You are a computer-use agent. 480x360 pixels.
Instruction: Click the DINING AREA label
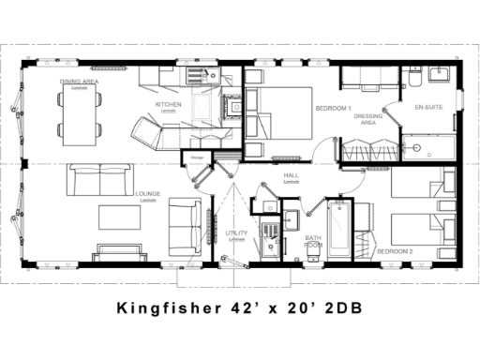click(79, 82)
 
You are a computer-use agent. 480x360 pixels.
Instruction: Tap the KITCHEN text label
click(169, 104)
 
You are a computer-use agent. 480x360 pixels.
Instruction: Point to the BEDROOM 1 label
click(334, 109)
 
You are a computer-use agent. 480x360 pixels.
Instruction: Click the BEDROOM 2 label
click(395, 252)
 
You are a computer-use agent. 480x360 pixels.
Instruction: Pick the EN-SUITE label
click(429, 106)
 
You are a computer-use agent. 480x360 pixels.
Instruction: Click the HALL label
click(292, 176)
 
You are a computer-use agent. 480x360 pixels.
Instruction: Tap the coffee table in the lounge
click(121, 218)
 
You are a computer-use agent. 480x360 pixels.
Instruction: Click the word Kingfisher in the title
click(166, 307)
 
